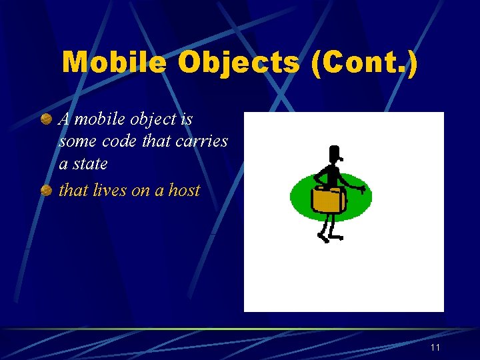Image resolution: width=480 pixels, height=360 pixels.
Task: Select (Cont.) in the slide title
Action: pos(363,63)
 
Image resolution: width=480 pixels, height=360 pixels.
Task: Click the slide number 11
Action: pos(435,348)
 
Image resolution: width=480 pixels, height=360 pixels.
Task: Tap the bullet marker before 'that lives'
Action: pos(46,191)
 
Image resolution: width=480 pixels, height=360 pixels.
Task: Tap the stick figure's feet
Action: pos(329,237)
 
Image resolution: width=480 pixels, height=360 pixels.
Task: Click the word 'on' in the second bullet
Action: pos(141,190)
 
